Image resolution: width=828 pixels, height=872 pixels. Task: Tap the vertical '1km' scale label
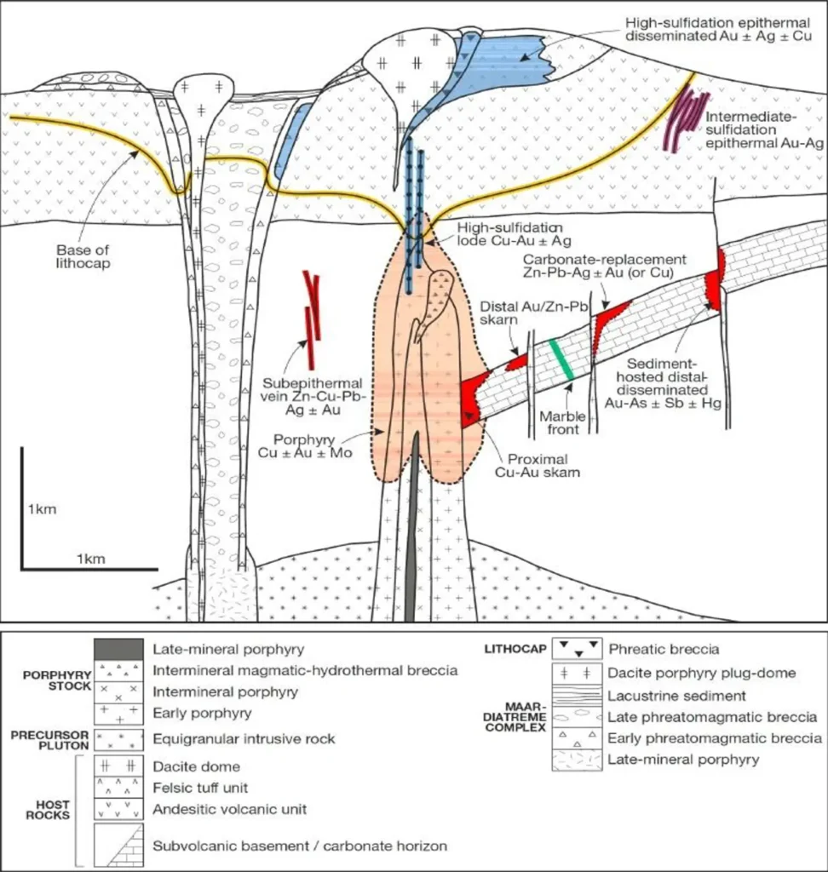point(42,510)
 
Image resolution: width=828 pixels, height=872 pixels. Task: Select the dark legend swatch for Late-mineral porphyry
point(118,650)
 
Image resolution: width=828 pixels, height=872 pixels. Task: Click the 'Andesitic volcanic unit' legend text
point(229,809)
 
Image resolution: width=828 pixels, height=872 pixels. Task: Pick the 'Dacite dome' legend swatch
point(118,766)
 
